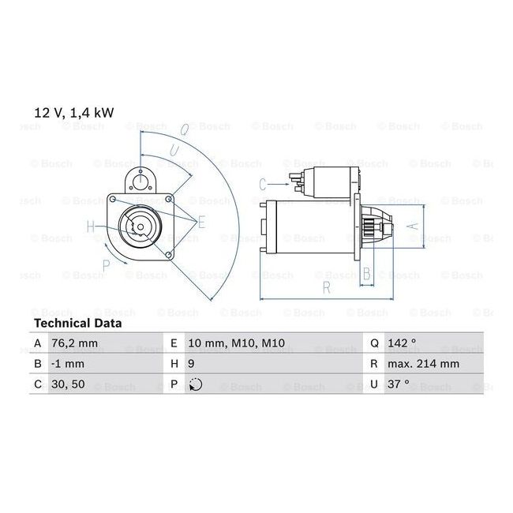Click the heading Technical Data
tap(78, 324)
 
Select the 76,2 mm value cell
tap(75, 343)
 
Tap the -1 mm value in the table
tap(68, 364)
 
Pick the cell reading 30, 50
tap(68, 384)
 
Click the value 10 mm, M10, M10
tap(237, 343)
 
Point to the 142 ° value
tap(402, 343)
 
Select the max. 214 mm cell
tap(423, 364)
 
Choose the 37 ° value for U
tap(398, 384)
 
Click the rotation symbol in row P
tap(196, 384)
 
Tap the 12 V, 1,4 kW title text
tap(74, 113)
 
